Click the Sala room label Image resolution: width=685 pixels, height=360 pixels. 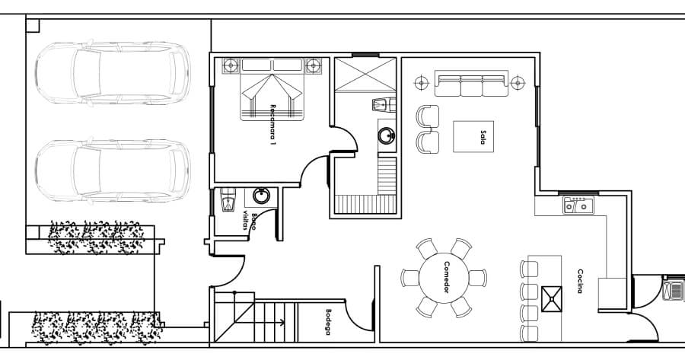[x=483, y=137]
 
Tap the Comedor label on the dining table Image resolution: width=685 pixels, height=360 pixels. [x=447, y=277]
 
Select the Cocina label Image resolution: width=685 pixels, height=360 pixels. [x=580, y=281]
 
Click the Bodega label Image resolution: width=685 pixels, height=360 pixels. [x=328, y=322]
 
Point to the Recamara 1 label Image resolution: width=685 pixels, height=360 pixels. [x=273, y=125]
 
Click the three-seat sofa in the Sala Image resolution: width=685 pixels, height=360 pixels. [x=472, y=83]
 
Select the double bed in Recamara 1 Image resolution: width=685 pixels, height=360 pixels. [x=272, y=89]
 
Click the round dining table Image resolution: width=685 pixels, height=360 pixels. [x=444, y=278]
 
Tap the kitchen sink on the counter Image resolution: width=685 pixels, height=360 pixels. [x=578, y=205]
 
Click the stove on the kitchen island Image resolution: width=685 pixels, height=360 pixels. [x=552, y=299]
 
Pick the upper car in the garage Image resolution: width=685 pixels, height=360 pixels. [x=113, y=73]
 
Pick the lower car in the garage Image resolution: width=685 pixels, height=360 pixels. [x=113, y=170]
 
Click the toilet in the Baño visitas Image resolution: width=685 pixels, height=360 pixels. [x=228, y=199]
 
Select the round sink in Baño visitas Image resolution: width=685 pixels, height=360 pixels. [x=262, y=196]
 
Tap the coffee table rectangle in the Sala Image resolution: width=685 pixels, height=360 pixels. [x=473, y=137]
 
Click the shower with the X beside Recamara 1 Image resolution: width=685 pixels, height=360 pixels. [x=365, y=75]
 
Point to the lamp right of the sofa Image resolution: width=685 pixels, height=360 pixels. [x=518, y=82]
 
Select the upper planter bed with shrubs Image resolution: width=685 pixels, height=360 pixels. [x=95, y=237]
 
